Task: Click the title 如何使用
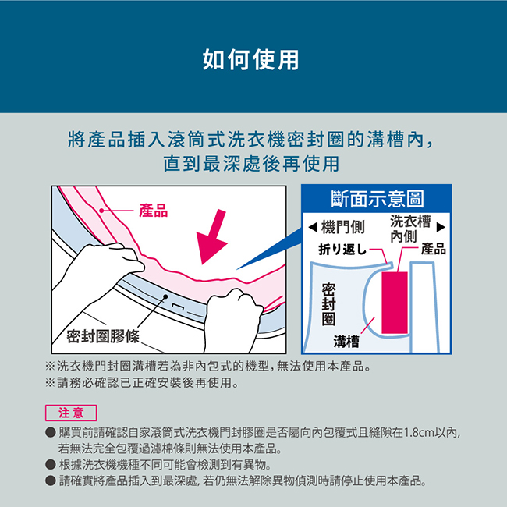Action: (x=250, y=60)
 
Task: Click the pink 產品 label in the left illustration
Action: (x=153, y=211)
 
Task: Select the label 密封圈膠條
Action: (x=103, y=336)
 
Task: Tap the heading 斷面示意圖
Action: (x=377, y=199)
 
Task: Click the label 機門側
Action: (x=342, y=227)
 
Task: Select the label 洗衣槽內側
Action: (x=410, y=229)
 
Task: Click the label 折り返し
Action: (x=342, y=250)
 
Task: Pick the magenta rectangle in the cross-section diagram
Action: (x=395, y=303)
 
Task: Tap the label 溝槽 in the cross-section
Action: (x=346, y=342)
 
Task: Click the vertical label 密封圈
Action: (x=328, y=304)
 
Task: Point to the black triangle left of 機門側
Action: (x=313, y=227)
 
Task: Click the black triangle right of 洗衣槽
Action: (x=441, y=227)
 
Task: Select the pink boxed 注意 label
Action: (x=71, y=413)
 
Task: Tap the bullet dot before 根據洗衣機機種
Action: (x=51, y=465)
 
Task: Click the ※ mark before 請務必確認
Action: (x=50, y=383)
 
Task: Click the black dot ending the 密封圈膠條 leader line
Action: (x=165, y=296)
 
